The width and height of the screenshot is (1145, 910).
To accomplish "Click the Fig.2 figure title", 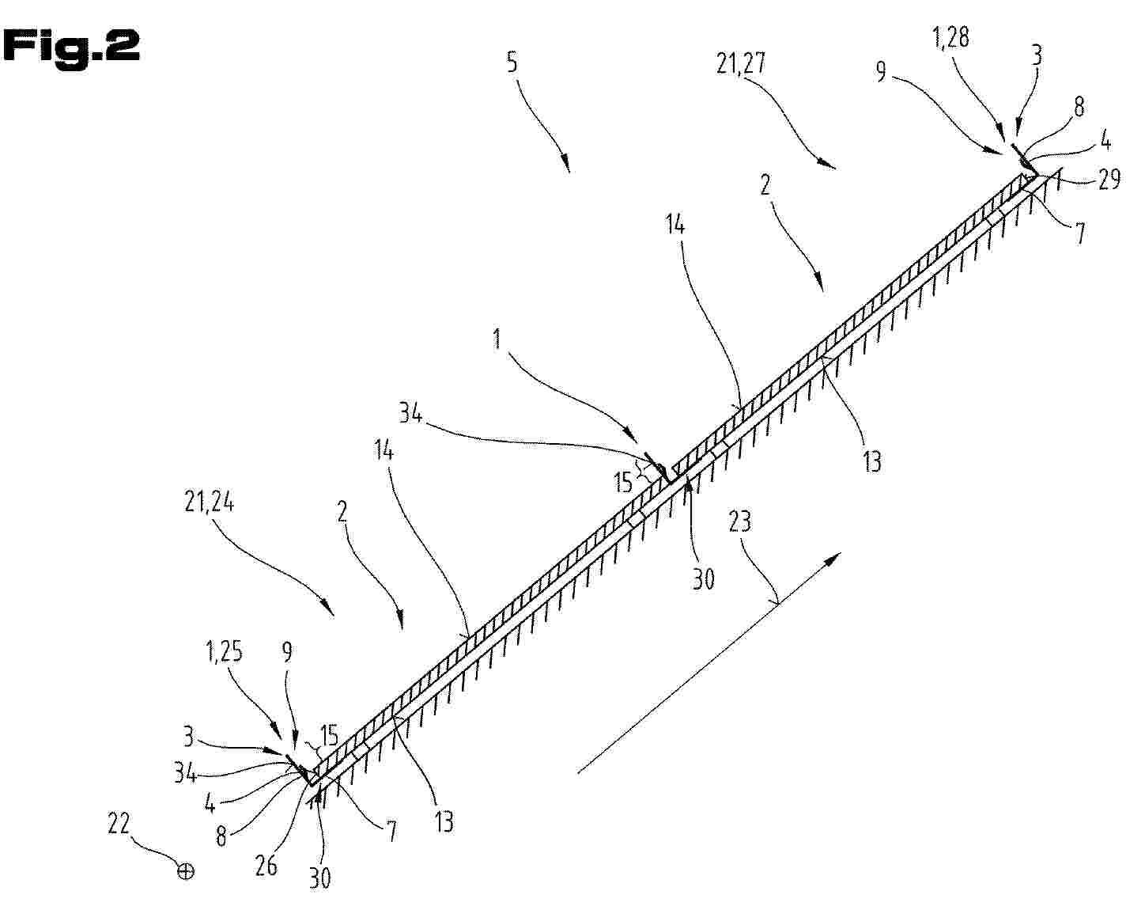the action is (x=71, y=47).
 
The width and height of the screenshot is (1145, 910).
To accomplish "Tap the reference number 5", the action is (x=512, y=62).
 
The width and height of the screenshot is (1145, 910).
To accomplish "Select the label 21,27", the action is (x=741, y=64).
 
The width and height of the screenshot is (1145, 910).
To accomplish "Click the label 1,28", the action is (x=950, y=38).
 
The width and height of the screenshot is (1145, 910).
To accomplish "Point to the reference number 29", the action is (x=1109, y=179).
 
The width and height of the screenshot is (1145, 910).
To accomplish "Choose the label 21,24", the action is (x=209, y=502).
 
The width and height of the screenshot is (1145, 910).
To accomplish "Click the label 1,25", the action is (x=224, y=652).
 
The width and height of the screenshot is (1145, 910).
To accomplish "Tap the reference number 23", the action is (x=739, y=521).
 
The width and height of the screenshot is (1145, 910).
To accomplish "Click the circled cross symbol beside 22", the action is (x=186, y=872).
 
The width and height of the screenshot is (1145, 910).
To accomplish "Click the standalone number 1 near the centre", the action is (x=497, y=339).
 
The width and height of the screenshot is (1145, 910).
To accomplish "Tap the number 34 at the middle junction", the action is (x=410, y=413).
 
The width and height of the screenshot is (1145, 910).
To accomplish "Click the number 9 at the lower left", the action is (x=287, y=652).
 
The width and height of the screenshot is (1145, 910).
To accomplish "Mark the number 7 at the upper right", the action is (x=1080, y=233).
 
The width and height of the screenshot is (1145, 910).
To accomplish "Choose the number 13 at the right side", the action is (x=872, y=461).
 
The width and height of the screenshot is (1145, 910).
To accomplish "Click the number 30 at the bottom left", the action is (x=319, y=878).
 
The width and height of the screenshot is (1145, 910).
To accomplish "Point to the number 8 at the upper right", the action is (x=1079, y=107).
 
